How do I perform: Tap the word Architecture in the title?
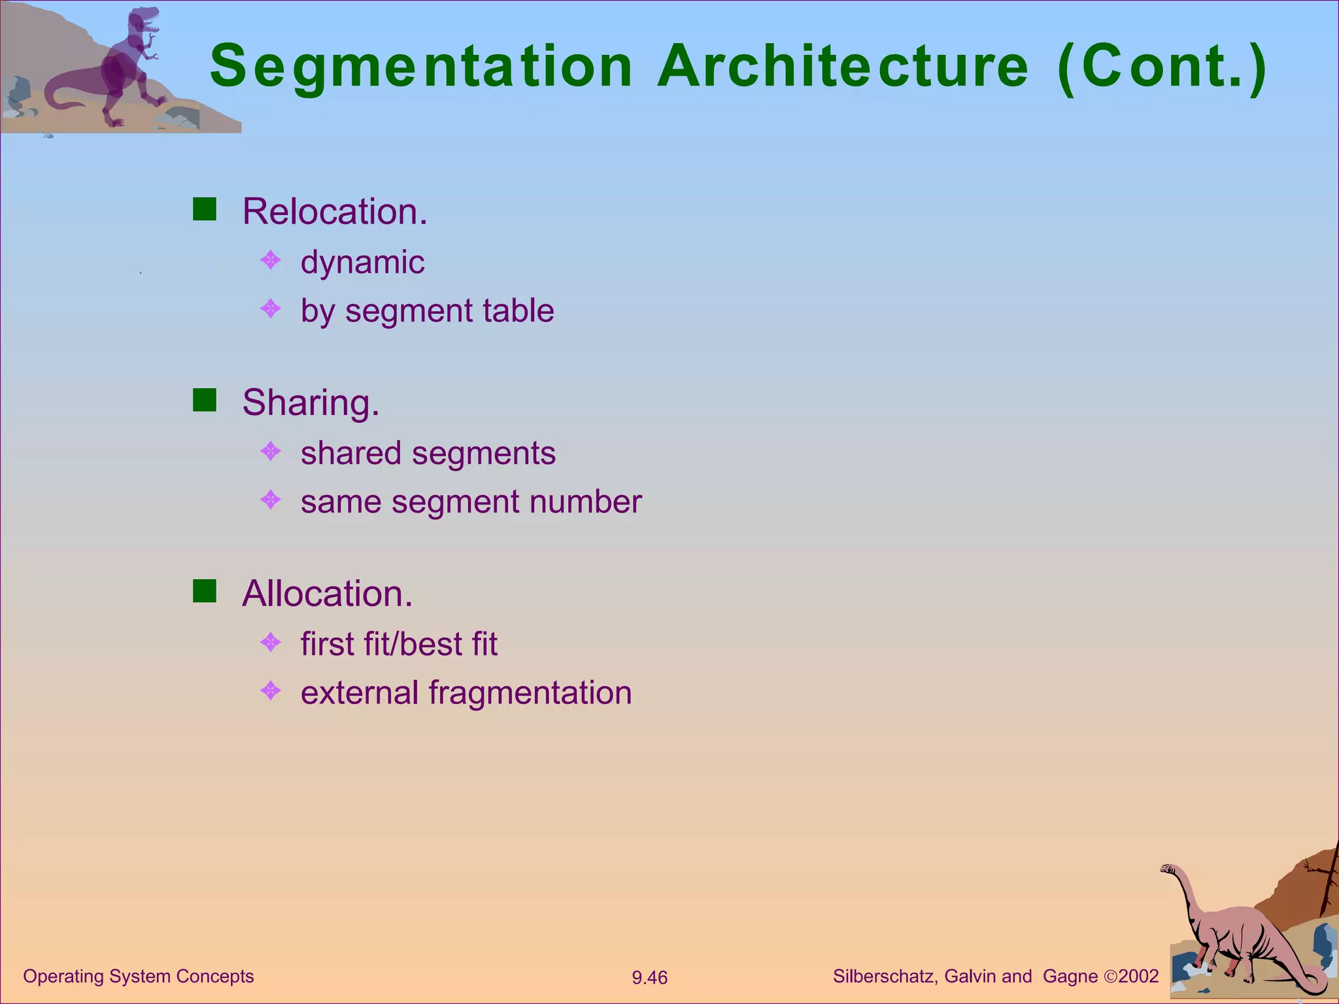tap(843, 67)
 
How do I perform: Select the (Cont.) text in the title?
tap(1162, 67)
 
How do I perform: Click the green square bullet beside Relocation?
tap(205, 209)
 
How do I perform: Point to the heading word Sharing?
tap(311, 402)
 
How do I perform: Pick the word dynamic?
tap(362, 263)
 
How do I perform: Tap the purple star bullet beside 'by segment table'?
tap(271, 308)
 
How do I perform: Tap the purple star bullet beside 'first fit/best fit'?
tap(271, 642)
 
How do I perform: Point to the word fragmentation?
tap(530, 693)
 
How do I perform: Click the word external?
tap(359, 693)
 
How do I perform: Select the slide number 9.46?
tap(649, 978)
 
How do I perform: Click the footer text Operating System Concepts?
tap(138, 977)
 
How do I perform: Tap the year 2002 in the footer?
tap(1138, 977)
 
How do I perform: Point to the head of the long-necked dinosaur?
tap(1168, 869)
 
